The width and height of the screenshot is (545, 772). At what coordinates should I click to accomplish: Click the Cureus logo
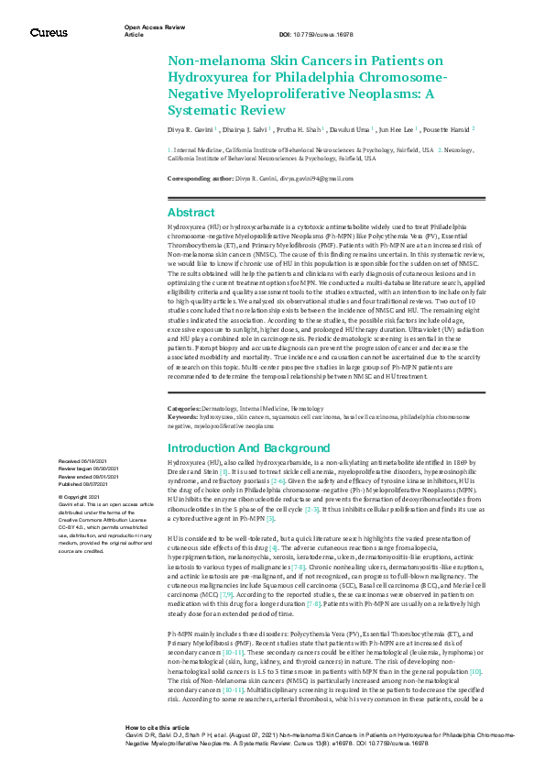(x=48, y=32)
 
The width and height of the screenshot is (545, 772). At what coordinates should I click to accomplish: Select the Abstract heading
(x=191, y=212)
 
